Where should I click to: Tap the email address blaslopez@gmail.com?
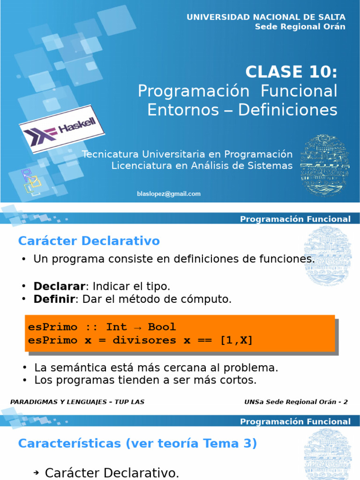coord(169,194)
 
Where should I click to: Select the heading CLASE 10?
coord(291,72)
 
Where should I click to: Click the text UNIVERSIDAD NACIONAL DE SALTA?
coord(266,17)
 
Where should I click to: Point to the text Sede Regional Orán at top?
coord(300,26)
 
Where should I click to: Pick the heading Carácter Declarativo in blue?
coord(89,241)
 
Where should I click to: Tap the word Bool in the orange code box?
coord(162,327)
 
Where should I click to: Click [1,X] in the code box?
coord(236,340)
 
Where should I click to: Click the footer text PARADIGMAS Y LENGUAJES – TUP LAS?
coord(77,402)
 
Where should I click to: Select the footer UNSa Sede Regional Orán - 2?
coord(296,402)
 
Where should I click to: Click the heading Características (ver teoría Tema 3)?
coord(137,443)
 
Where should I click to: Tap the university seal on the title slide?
coord(325,166)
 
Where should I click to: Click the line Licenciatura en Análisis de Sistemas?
coord(202,165)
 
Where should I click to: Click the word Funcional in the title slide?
coord(299,91)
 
